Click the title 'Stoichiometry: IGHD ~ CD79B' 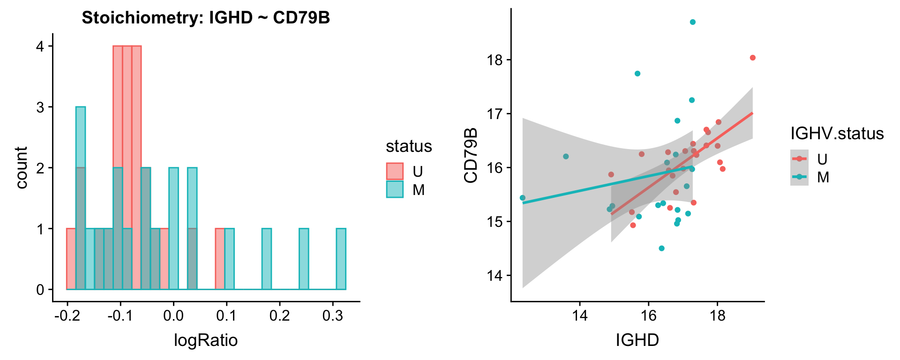(x=206, y=18)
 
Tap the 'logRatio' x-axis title (x=206, y=340)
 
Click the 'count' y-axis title (x=22, y=167)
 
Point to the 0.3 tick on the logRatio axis (x=333, y=316)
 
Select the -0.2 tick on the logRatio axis (x=67, y=316)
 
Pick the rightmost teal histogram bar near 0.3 (x=341, y=259)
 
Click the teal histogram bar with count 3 (x=81, y=198)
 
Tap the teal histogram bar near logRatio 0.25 (x=304, y=259)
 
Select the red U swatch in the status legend (x=395, y=172)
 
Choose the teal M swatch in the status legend (x=395, y=189)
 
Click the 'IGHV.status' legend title (x=837, y=134)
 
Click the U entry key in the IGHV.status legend (x=799, y=159)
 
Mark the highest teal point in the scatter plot (x=693, y=22)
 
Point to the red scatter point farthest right (x=752, y=58)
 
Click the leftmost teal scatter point (x=523, y=198)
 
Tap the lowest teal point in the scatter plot (x=661, y=248)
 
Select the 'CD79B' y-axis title (x=471, y=155)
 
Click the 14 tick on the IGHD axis (x=580, y=316)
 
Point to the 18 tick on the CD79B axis (x=496, y=60)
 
